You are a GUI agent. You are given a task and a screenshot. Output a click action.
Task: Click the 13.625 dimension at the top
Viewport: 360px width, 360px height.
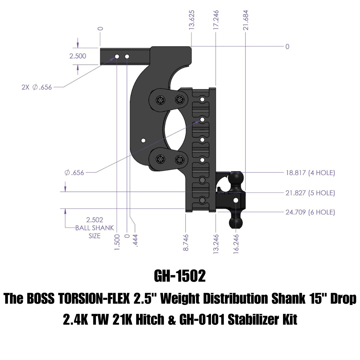[192, 20]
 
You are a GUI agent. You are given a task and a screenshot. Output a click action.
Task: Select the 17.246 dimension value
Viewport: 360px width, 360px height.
[216, 20]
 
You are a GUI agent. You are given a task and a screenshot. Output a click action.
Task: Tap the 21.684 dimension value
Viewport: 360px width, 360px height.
[246, 20]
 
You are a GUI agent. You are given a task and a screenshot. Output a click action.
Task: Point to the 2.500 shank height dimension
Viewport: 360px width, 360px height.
[78, 56]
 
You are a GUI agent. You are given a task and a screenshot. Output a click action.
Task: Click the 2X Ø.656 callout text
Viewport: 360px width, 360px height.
[37, 87]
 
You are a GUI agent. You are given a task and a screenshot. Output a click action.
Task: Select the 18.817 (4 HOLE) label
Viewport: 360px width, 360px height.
[310, 173]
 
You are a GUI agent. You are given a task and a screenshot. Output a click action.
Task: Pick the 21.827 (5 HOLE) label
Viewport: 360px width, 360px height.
[310, 193]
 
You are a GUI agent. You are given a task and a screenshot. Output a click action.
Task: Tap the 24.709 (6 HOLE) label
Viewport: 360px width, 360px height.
[310, 212]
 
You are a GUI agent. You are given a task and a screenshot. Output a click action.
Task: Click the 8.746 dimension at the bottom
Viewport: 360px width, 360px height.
[186, 243]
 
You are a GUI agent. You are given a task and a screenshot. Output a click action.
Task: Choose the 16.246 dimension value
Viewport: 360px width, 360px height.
[236, 244]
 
